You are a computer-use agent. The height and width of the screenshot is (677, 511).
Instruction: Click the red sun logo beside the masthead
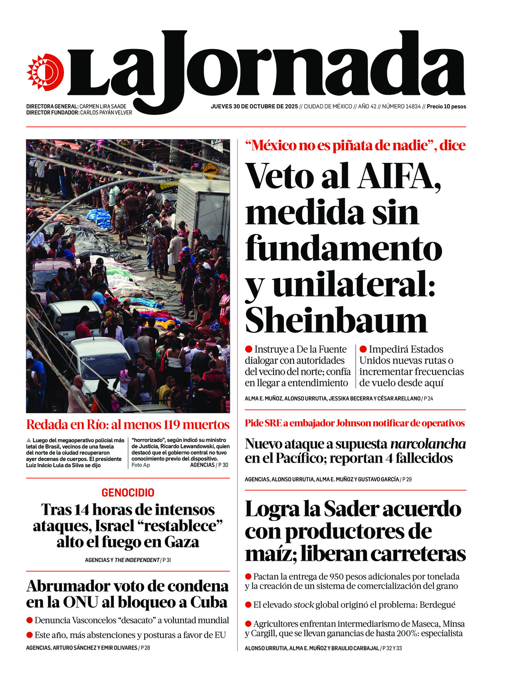(45, 72)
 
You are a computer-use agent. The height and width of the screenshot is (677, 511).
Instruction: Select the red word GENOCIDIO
(128, 493)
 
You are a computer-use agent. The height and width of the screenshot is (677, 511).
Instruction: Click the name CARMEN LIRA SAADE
(103, 107)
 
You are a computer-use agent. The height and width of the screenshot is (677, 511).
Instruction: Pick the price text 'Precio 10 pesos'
(446, 107)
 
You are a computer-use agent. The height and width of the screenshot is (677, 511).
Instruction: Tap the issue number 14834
(412, 107)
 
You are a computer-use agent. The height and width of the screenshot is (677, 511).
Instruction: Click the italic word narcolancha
(428, 444)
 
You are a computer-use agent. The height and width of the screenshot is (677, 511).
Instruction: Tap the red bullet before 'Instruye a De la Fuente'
(249, 349)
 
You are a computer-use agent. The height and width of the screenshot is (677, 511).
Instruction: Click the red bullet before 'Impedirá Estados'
(363, 349)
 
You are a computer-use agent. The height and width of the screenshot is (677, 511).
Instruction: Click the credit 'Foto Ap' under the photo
(141, 465)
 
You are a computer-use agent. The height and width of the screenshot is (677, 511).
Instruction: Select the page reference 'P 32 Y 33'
(392, 648)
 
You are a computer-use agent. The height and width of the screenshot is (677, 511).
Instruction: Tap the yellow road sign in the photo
(210, 171)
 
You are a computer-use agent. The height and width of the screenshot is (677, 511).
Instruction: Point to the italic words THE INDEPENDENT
(137, 560)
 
